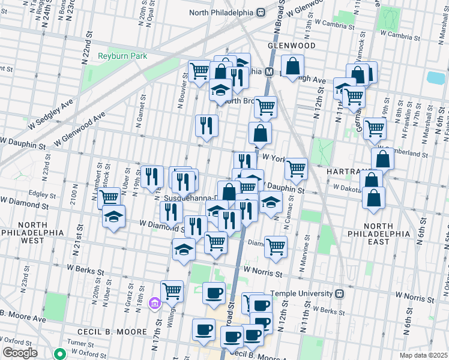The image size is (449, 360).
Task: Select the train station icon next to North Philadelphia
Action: coord(261,12)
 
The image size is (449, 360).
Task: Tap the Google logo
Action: coord(19,353)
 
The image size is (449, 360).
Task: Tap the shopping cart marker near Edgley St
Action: coord(109,197)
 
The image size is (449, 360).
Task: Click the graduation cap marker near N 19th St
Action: coord(112,218)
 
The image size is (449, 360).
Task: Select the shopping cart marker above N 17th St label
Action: coord(172,291)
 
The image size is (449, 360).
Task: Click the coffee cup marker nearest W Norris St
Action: coord(214,293)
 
